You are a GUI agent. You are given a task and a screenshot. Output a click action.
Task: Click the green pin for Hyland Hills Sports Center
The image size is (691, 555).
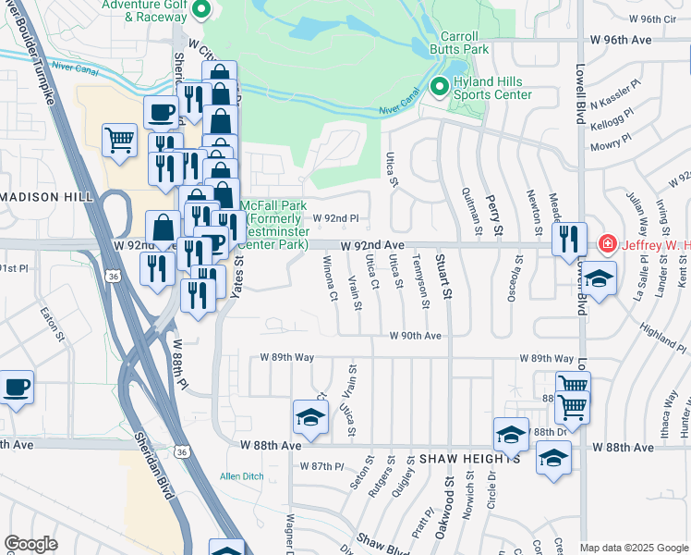(439, 88)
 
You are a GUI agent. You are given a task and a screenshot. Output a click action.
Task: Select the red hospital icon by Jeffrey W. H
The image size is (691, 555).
(607, 245)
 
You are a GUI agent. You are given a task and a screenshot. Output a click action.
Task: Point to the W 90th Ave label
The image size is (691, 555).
(416, 336)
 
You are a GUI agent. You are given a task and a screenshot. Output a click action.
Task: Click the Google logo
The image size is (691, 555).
(30, 543)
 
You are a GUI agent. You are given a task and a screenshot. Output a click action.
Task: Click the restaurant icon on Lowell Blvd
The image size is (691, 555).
(569, 238)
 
